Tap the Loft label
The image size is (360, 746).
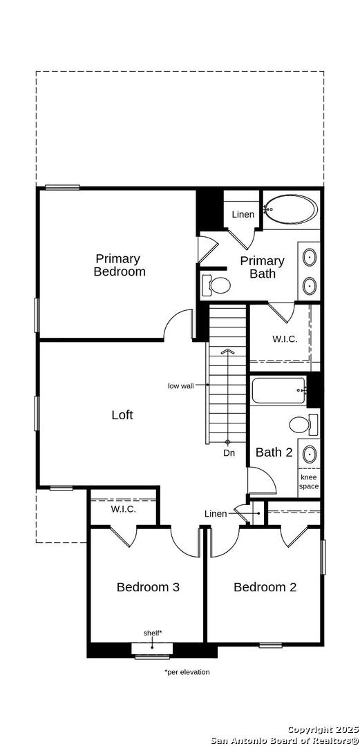pyautogui.click(x=122, y=415)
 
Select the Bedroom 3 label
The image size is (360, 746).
pyautogui.click(x=148, y=587)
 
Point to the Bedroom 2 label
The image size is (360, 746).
pyautogui.click(x=265, y=587)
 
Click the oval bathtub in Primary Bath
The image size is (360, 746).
pyautogui.click(x=290, y=209)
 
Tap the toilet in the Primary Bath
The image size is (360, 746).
pyautogui.click(x=216, y=285)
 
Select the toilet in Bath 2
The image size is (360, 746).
pyautogui.click(x=303, y=424)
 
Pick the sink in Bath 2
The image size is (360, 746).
pyautogui.click(x=310, y=455)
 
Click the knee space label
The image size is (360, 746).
pyautogui.click(x=309, y=482)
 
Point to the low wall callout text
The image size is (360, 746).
pyautogui.click(x=180, y=386)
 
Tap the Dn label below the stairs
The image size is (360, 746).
pyautogui.click(x=229, y=453)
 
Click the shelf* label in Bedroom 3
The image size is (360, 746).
pyautogui.click(x=153, y=633)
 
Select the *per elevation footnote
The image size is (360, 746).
pyautogui.click(x=187, y=672)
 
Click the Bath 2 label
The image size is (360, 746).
pyautogui.click(x=274, y=452)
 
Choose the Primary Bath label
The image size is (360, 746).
pyautogui.click(x=263, y=267)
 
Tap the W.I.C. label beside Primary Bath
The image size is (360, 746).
pyautogui.click(x=285, y=339)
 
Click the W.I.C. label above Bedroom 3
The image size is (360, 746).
pyautogui.click(x=123, y=509)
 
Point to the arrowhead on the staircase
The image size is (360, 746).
pyautogui.click(x=228, y=351)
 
